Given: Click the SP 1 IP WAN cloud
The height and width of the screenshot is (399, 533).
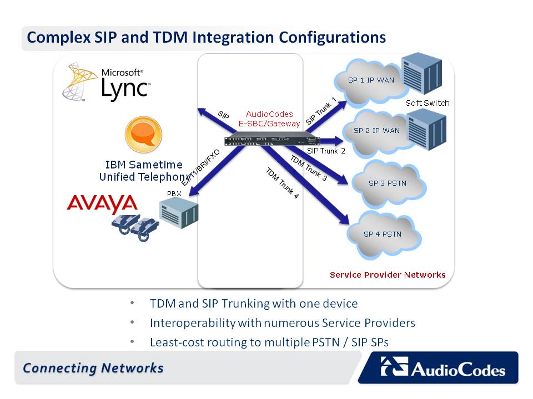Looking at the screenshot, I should click(x=370, y=81).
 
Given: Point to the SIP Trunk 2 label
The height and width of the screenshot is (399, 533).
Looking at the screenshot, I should click(x=326, y=151).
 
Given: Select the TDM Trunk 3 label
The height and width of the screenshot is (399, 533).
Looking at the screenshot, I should click(x=308, y=168).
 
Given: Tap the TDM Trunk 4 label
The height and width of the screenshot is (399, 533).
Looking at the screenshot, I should click(x=282, y=183).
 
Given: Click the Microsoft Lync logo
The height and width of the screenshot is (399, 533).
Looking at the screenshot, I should click(x=108, y=83).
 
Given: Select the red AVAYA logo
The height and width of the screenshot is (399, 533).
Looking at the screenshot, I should click(x=102, y=203).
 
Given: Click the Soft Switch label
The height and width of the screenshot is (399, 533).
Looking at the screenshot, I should click(x=427, y=103).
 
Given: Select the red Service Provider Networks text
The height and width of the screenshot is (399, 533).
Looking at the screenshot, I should click(x=388, y=275).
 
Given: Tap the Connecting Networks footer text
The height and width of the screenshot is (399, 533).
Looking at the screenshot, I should click(x=93, y=368).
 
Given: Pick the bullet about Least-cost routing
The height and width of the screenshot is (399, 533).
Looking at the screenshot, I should click(x=269, y=342).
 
